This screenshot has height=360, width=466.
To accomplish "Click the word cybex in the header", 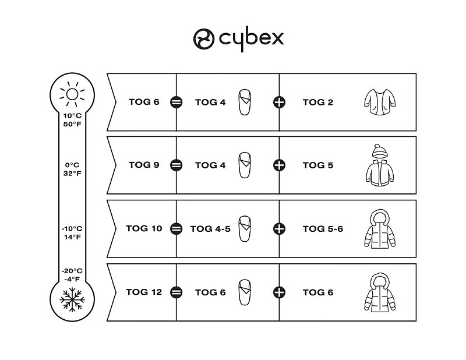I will coord(251,38).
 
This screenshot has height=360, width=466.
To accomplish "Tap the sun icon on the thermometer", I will coord(73,94).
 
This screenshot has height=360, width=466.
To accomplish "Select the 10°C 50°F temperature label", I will coord(73,120).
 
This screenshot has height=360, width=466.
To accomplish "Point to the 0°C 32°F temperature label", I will coord(73,169).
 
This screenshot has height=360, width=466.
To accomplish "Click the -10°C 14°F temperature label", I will coord(73,232).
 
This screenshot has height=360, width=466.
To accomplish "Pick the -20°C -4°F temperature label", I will coord(73,274).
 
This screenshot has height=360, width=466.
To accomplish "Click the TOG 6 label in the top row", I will coord(144,102).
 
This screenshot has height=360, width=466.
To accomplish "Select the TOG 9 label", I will coord(144,165).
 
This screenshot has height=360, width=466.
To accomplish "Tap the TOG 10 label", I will coord(144,228).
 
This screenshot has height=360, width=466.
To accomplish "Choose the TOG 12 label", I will coord(144,292).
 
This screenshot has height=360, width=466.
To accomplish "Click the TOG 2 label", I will coord(318,102).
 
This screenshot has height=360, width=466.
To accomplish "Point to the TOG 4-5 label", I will coord(210,228).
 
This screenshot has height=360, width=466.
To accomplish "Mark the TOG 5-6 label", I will coord(323,228).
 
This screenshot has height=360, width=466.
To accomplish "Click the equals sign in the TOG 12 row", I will coord(176,292).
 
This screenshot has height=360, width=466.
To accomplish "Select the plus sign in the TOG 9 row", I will coord(280,165).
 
